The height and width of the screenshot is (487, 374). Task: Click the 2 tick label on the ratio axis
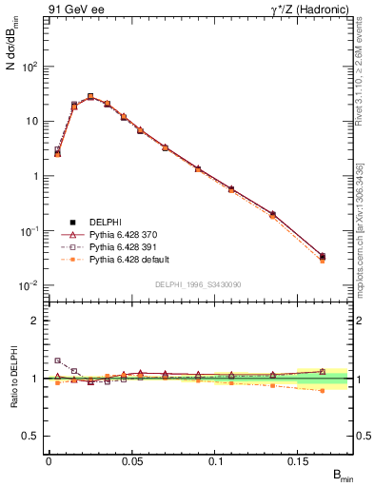[35, 321]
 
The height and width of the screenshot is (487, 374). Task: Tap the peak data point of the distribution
[90, 96]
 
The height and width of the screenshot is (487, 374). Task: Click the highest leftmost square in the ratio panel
[57, 360]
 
